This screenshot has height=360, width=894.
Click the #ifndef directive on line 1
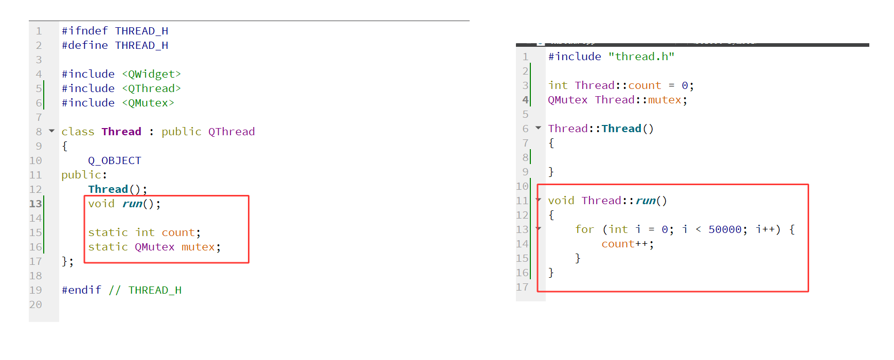[x=85, y=31]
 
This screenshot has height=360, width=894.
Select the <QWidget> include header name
[x=151, y=74]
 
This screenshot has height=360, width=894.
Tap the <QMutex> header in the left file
[x=148, y=103]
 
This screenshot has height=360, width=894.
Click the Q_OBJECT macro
[x=114, y=160]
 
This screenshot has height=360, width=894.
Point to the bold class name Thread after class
[x=121, y=132]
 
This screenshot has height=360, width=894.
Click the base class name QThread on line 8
[x=231, y=132]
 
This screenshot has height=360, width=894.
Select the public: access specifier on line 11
[x=84, y=175]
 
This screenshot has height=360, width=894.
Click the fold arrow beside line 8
[x=51, y=131]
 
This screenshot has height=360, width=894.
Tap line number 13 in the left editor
[x=35, y=204]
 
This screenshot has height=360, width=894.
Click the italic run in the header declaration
[x=132, y=204]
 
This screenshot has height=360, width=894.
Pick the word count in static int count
[x=178, y=232]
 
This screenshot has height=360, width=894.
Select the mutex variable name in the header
[x=198, y=247]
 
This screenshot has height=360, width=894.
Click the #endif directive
[x=81, y=290]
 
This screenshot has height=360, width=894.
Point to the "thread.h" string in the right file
[x=641, y=57]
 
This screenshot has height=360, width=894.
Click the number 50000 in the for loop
[x=725, y=229]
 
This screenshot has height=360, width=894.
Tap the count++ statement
[x=627, y=244]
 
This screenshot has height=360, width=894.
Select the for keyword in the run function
[x=584, y=229]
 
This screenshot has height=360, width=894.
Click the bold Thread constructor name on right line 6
[x=621, y=129]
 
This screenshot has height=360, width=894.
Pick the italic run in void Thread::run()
[x=646, y=201]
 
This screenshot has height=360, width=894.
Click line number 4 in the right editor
[x=525, y=100]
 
